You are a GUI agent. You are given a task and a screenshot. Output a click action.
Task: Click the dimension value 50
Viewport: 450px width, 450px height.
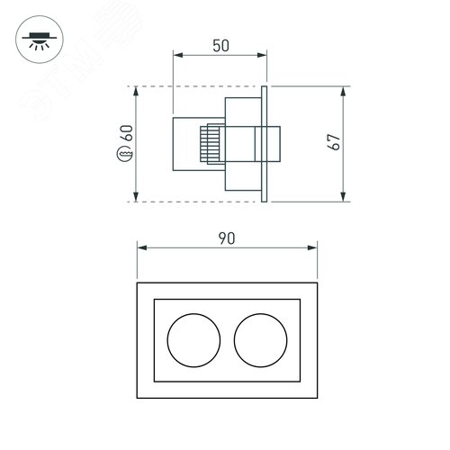pyautogui.click(x=220, y=46)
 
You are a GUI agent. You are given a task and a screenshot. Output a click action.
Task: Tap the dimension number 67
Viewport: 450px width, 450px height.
pyautogui.click(x=334, y=142)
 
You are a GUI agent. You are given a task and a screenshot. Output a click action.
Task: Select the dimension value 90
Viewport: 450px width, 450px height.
pyautogui.click(x=227, y=238)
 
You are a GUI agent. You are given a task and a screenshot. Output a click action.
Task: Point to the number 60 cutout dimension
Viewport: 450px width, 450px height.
pyautogui.click(x=127, y=133)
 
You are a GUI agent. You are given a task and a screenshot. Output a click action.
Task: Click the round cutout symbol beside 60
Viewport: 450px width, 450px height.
pyautogui.click(x=124, y=154)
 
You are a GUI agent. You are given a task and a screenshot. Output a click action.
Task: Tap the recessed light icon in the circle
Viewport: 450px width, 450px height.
pyautogui.click(x=40, y=40)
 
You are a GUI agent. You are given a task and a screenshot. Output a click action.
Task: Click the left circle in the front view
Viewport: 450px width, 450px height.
pyautogui.click(x=193, y=340)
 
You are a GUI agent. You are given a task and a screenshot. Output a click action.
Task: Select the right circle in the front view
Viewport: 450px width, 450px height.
pyautogui.click(x=261, y=340)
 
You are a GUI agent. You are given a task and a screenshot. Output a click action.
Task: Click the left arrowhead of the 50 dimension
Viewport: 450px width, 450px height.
pyautogui.click(x=178, y=55)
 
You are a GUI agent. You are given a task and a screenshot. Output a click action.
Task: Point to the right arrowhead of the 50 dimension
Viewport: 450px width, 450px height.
pyautogui.click(x=262, y=55)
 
